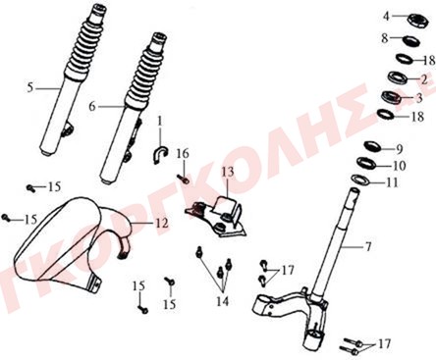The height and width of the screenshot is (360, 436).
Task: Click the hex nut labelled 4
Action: [x=418, y=21]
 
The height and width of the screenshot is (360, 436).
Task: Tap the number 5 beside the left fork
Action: [x=30, y=87]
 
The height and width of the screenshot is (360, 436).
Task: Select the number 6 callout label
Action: [x=92, y=106]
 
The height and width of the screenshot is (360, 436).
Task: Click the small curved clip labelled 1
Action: [x=160, y=154]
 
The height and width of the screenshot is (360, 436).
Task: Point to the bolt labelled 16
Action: [x=184, y=179]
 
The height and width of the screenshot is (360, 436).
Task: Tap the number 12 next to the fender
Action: [x=161, y=223]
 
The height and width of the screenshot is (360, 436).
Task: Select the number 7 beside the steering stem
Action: [x=368, y=246]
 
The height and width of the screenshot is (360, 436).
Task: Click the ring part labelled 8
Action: [x=410, y=40]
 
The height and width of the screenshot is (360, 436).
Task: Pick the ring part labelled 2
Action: [x=398, y=78]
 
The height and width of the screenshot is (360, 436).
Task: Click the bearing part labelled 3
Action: [x=392, y=97]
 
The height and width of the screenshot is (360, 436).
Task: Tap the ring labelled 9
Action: [x=372, y=145]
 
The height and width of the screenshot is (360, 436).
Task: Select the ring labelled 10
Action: [x=366, y=163]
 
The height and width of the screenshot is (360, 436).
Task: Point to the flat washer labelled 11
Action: [x=360, y=180]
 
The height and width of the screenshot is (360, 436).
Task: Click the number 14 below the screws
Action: [x=222, y=301]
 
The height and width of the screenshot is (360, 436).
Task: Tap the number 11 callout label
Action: [x=392, y=182]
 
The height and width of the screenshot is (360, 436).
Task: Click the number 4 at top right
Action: [x=387, y=16]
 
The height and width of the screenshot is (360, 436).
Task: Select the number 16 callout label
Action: [x=183, y=153]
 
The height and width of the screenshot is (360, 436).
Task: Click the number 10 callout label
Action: [x=399, y=166]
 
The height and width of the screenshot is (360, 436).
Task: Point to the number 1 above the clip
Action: [x=160, y=122]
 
